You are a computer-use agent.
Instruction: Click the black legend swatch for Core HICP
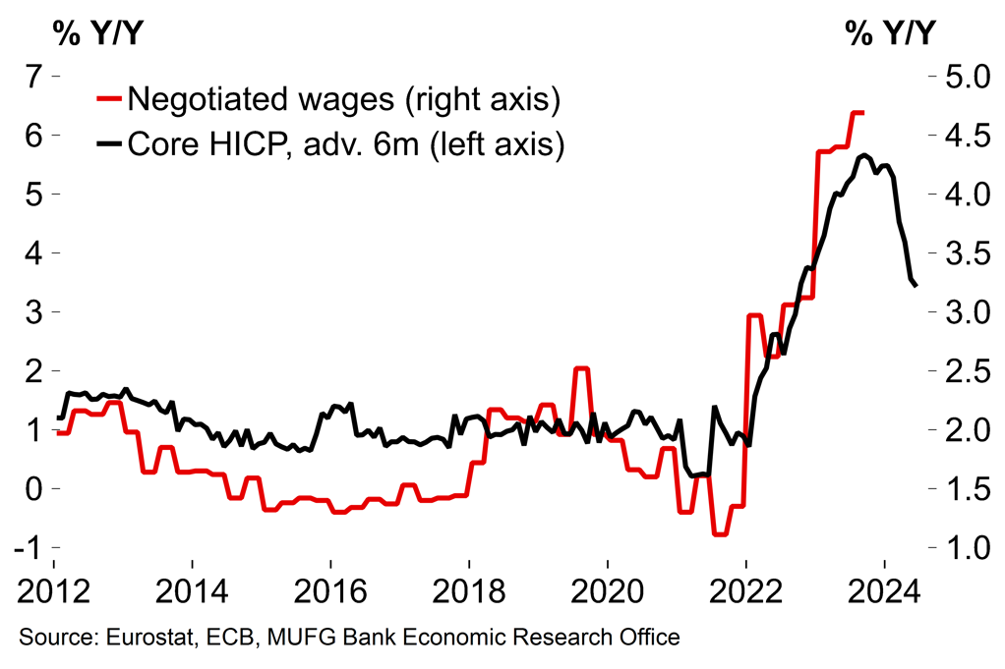coord(108,144)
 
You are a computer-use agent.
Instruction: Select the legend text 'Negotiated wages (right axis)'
coord(344,98)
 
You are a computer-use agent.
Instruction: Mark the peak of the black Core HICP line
coord(863,155)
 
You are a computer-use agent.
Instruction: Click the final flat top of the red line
coord(857,113)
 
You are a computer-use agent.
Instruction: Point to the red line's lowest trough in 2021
coord(720,534)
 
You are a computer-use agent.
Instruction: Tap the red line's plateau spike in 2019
coord(581,368)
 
